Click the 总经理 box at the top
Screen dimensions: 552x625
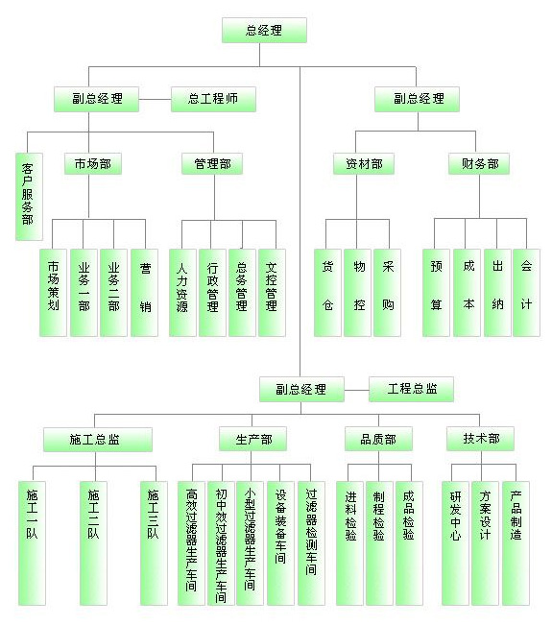[x=264, y=31]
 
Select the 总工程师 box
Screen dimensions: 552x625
[x=213, y=99]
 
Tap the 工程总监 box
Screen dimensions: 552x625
[x=411, y=389]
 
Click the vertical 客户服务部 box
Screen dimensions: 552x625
[x=29, y=197]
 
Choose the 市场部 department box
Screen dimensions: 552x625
[x=93, y=164]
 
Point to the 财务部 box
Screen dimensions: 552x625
[x=479, y=164]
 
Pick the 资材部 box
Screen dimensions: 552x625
[x=364, y=164]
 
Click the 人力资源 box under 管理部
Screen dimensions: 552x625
[x=182, y=293]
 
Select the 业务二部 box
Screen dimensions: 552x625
[x=113, y=293]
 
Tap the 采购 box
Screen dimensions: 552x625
[x=387, y=293]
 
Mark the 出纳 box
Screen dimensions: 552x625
[x=497, y=293]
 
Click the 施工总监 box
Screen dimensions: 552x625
[x=98, y=440]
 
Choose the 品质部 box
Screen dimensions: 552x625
[x=378, y=440]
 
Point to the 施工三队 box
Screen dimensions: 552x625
[x=154, y=543]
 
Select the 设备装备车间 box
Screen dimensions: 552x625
[x=280, y=543]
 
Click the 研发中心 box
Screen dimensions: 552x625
[x=455, y=543]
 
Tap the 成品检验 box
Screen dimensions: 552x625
[x=409, y=543]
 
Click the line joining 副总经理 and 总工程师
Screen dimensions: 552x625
[x=155, y=99]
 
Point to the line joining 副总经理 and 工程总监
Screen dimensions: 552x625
[x=357, y=390]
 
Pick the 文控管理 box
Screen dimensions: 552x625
[x=272, y=293]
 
